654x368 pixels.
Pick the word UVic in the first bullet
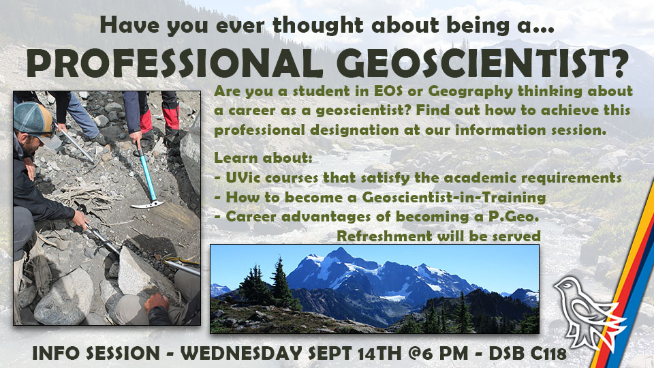click(240, 178)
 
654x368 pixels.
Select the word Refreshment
click(381, 236)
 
